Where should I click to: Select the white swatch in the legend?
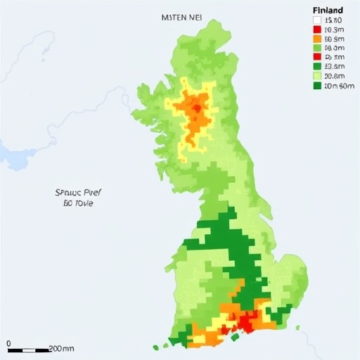point(316,21)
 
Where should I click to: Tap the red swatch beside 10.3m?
point(316,30)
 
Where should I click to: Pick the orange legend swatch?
point(316,39)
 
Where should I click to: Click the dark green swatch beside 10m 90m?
point(316,86)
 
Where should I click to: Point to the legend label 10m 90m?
point(337,86)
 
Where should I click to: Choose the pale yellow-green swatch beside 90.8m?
point(316,77)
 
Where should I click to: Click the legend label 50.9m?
point(334,39)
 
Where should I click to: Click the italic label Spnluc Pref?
point(78,191)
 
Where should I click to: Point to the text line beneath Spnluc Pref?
point(77,202)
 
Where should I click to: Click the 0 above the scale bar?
point(10,342)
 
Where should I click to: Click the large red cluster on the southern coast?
point(246,322)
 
